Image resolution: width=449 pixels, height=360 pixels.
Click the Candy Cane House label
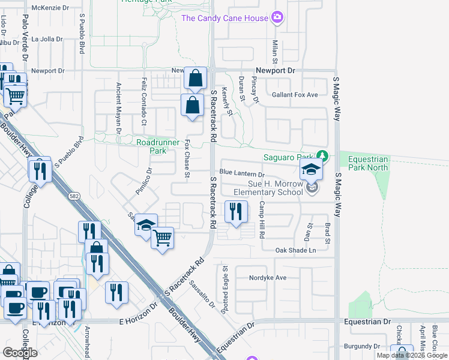[x=224, y=18]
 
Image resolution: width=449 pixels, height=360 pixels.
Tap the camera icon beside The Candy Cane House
[x=277, y=18]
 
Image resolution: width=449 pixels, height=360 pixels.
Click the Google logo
[x=20, y=353]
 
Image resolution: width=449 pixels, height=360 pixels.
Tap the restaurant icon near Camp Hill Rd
[x=236, y=211]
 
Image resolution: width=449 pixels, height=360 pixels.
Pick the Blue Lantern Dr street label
[x=242, y=173]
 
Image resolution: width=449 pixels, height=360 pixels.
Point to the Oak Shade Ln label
[x=295, y=250]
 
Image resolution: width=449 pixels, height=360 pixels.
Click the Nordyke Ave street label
[x=269, y=278]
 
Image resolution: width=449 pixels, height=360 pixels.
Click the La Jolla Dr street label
[x=47, y=40]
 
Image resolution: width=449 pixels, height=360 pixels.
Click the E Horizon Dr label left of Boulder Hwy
[x=137, y=322]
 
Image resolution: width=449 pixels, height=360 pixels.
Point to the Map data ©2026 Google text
[x=411, y=355]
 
